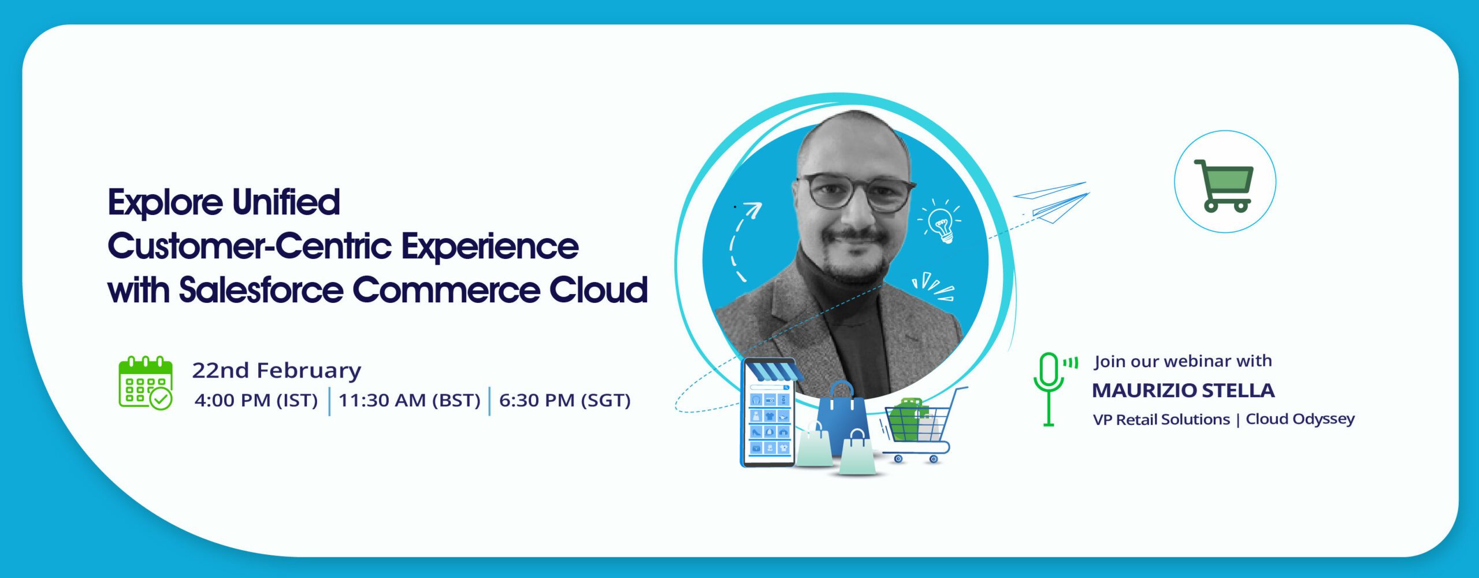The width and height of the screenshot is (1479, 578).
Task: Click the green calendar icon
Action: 146,383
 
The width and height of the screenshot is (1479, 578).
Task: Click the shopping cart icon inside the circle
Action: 1224,185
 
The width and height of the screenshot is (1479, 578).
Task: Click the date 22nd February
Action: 276,370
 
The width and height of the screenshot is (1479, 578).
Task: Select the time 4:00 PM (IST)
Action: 256,401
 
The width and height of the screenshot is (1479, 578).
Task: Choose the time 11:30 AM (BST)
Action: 409,401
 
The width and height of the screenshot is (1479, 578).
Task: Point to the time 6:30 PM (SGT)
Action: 564,401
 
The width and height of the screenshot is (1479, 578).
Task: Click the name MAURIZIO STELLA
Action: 1183,391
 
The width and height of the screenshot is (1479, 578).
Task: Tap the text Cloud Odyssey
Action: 1300,419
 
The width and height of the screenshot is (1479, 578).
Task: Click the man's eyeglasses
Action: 855,192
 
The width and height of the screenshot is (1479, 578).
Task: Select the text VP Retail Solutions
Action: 1161,420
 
